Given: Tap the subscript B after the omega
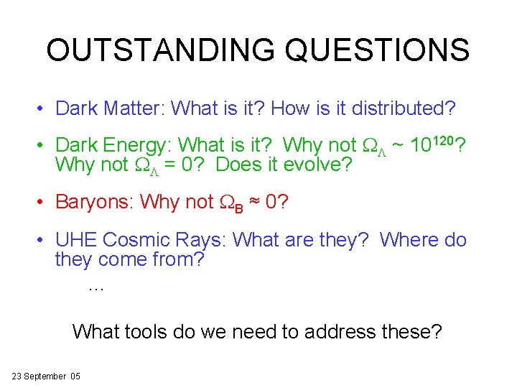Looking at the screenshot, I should click(245, 205).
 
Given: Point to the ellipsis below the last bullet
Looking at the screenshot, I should click(96, 287).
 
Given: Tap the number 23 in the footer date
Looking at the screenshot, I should click(18, 377).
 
